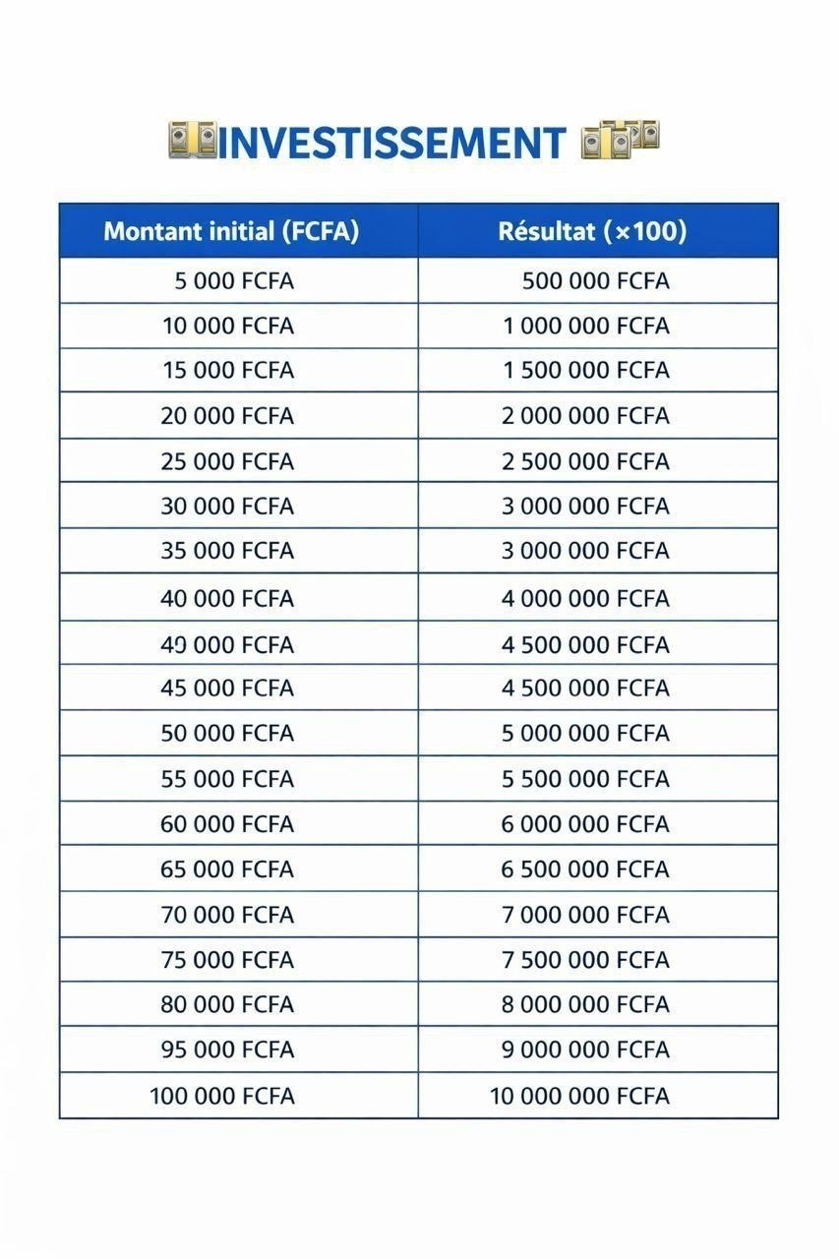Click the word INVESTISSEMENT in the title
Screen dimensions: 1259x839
[391, 144]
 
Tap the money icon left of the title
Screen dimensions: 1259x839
[192, 142]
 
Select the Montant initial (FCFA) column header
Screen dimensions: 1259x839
[231, 232]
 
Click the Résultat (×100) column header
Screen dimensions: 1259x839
[592, 232]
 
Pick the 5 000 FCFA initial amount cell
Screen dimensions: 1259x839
[234, 281]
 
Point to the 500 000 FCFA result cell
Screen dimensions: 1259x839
[595, 281]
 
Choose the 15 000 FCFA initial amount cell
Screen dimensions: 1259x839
[228, 371]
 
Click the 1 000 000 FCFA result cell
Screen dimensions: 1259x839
[586, 326]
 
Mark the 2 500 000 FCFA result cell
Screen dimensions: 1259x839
[586, 461]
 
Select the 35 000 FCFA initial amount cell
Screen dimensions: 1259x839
[227, 551]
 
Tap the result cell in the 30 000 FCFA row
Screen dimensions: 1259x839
[586, 507]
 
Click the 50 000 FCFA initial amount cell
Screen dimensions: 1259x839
[227, 734]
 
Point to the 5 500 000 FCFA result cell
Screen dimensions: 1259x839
[586, 779]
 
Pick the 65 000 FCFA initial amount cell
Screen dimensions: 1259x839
[227, 869]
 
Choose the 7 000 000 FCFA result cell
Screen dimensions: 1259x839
[586, 915]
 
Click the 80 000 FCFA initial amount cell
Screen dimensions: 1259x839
[227, 1004]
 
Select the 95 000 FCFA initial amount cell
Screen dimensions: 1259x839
[227, 1049]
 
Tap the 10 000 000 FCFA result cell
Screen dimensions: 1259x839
[580, 1096]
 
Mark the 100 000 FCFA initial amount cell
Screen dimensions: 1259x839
[222, 1096]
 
